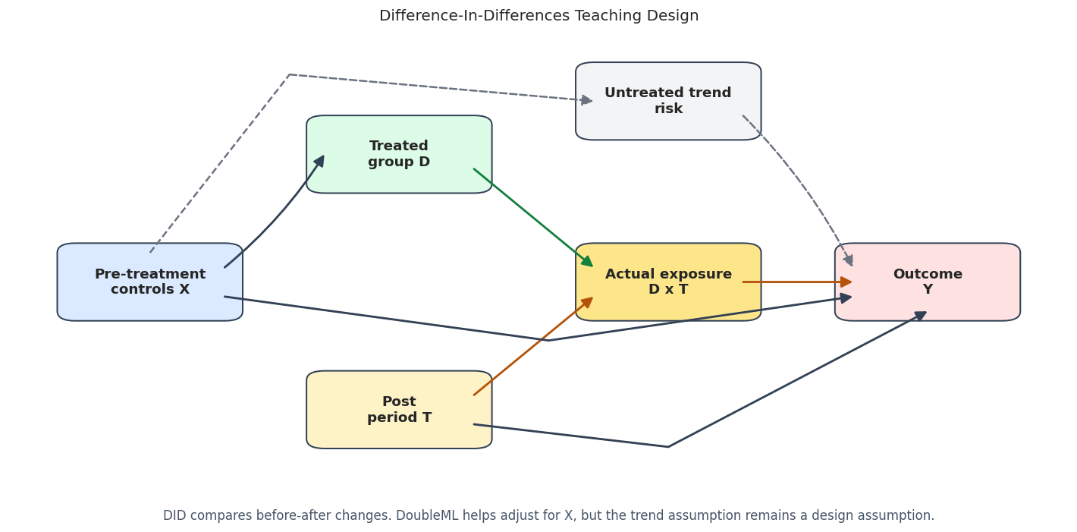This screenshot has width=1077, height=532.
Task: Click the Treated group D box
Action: tap(399, 154)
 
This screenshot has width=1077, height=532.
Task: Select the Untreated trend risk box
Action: tap(668, 101)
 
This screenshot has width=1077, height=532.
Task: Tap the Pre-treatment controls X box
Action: tap(150, 282)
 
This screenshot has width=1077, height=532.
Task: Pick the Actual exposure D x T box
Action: tap(668, 282)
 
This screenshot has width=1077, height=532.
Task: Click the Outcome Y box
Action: tap(928, 282)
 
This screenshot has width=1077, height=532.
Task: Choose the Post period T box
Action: tap(399, 409)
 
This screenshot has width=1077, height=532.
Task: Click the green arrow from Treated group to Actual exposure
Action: tap(533, 217)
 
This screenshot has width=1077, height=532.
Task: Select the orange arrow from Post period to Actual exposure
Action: tap(533, 346)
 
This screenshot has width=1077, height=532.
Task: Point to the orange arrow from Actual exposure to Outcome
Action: tap(797, 282)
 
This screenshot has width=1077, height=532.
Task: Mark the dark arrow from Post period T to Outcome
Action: tap(668, 447)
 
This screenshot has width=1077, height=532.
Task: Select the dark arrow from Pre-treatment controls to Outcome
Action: tap(548, 341)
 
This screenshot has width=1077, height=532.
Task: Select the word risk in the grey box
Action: tap(668, 109)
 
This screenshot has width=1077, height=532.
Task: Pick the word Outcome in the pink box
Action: tap(928, 274)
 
